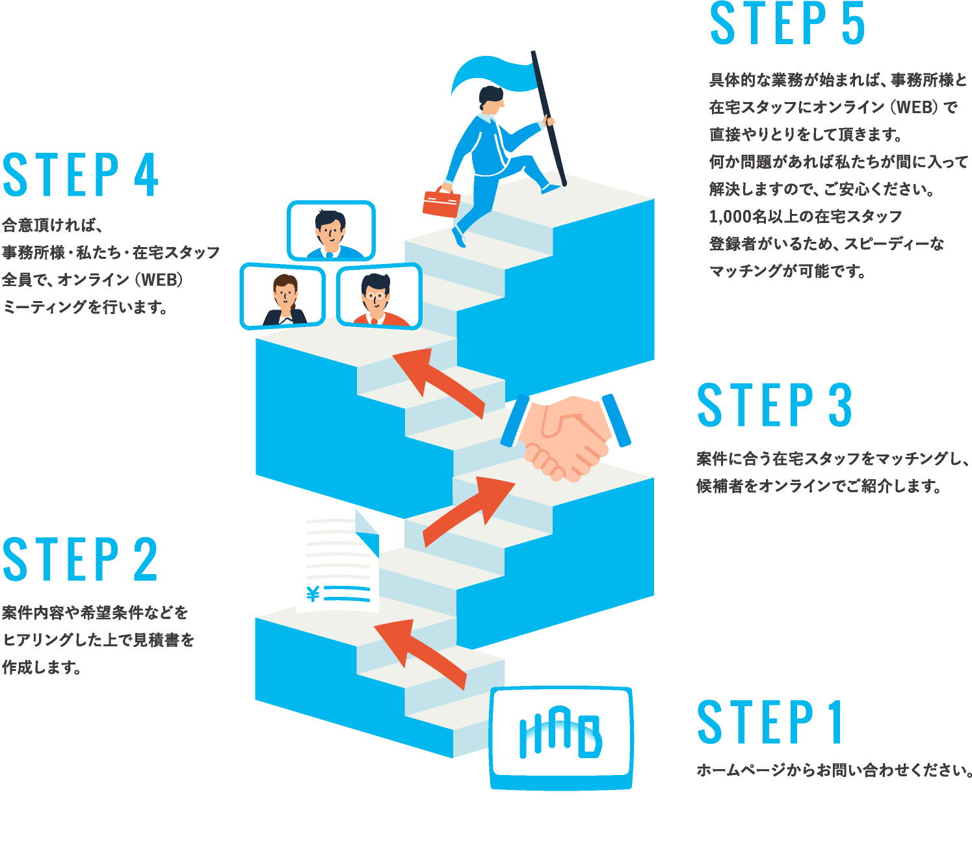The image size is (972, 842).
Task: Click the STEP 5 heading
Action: (x=787, y=24)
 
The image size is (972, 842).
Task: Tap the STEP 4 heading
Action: (x=81, y=175)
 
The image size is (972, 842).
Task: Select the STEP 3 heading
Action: (x=774, y=405)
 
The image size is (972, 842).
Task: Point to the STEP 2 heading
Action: (x=80, y=559)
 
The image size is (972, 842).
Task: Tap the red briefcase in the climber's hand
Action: (x=441, y=202)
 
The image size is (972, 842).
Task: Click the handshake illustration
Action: (x=565, y=437)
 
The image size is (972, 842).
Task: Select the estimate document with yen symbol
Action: (x=337, y=560)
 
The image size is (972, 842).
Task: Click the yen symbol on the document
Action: (x=313, y=594)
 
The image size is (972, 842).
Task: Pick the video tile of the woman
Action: (x=283, y=296)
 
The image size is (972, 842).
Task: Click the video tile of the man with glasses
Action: (x=378, y=296)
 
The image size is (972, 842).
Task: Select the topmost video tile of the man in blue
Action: (x=332, y=231)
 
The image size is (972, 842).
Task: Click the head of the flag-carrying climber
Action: (x=491, y=99)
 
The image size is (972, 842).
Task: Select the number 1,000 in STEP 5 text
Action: (x=731, y=217)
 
